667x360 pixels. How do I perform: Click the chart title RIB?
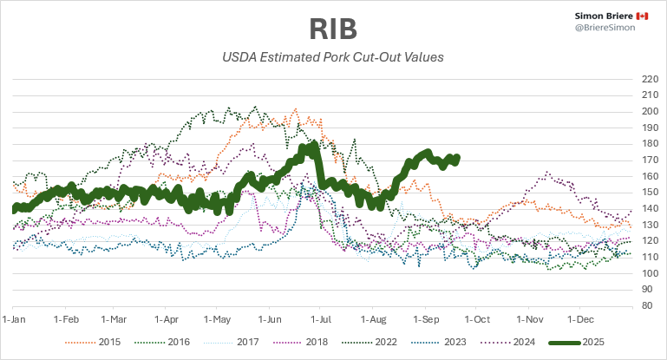coord(333,28)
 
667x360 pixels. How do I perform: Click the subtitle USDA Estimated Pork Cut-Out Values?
coord(333,58)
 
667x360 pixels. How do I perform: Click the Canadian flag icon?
coord(642,16)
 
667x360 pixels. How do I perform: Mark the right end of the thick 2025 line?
coord(457,158)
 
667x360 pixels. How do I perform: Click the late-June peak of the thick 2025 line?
coord(311,147)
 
